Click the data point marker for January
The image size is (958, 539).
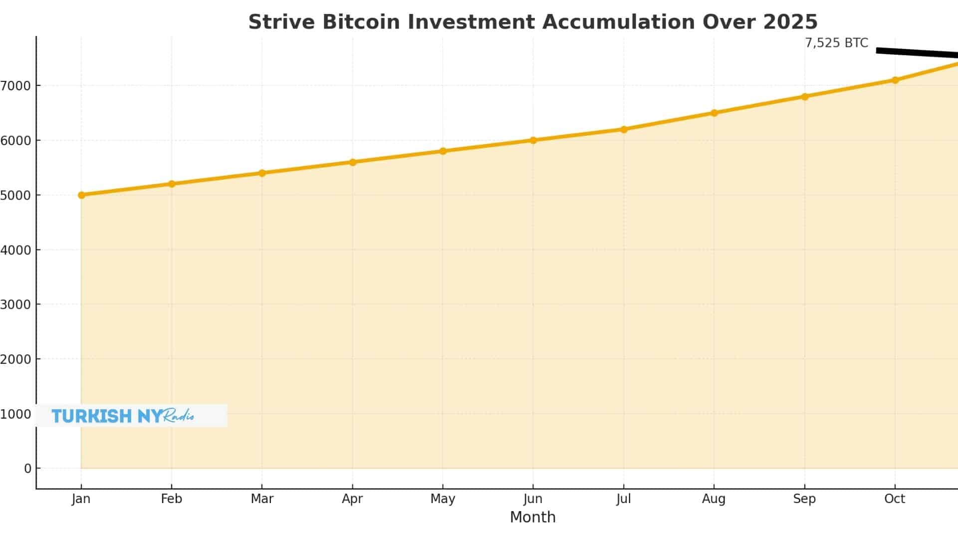click(x=81, y=195)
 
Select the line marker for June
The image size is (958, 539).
click(x=533, y=140)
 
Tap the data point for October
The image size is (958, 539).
click(x=895, y=80)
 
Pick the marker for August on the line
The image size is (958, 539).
click(x=714, y=113)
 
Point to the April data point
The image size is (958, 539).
click(x=353, y=162)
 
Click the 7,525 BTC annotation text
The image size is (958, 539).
click(x=836, y=43)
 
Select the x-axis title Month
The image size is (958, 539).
click(x=532, y=518)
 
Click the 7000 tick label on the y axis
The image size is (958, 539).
click(x=16, y=86)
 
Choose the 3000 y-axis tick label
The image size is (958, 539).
click(x=16, y=304)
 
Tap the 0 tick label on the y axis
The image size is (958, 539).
click(x=27, y=469)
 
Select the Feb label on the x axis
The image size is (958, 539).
click(x=171, y=499)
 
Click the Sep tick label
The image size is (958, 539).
click(x=804, y=499)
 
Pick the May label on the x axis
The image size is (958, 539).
click(x=443, y=499)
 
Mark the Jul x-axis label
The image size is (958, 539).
click(x=623, y=499)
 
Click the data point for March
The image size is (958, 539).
click(x=262, y=173)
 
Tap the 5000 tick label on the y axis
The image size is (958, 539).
click(x=16, y=195)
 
